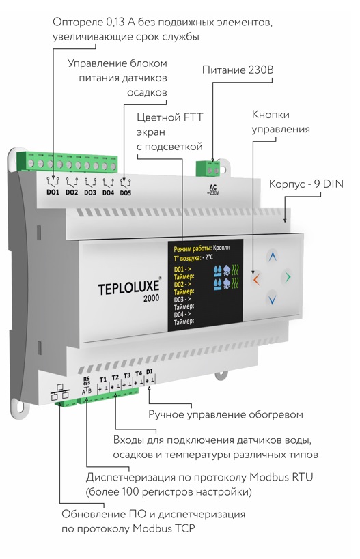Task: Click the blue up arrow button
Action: click(x=273, y=257)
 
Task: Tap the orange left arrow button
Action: click(x=256, y=278)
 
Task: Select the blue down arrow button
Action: click(x=272, y=299)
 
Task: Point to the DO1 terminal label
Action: click(x=53, y=192)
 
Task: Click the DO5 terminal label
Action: click(x=126, y=193)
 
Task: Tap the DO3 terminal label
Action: click(x=90, y=192)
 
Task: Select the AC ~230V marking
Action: click(x=213, y=190)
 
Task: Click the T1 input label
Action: click(x=103, y=379)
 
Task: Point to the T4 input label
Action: click(x=139, y=373)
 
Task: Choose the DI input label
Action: click(x=149, y=371)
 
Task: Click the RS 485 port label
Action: click(x=87, y=381)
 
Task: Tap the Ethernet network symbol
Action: click(x=59, y=392)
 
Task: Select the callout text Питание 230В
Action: click(x=238, y=70)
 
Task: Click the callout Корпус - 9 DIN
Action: click(x=306, y=184)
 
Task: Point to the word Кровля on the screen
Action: click(x=221, y=247)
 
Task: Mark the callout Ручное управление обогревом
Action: click(x=225, y=414)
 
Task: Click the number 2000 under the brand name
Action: click(x=151, y=298)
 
